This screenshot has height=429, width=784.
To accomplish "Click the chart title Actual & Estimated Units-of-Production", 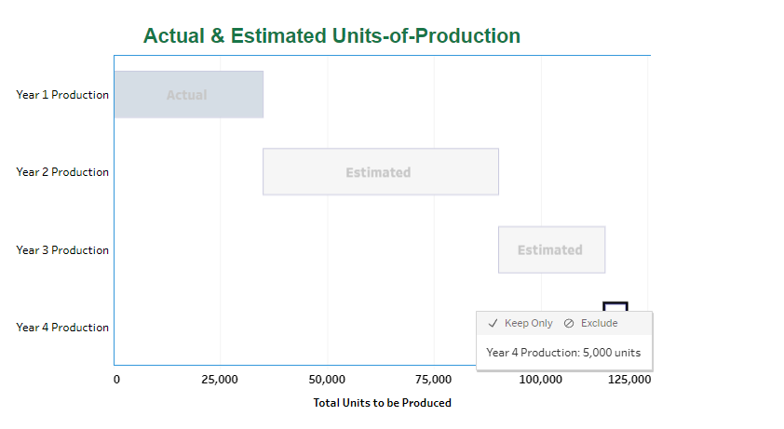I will pyautogui.click(x=331, y=36).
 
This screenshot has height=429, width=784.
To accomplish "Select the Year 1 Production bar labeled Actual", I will pyautogui.click(x=188, y=95).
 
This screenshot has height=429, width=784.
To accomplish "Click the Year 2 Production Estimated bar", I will pyautogui.click(x=380, y=172).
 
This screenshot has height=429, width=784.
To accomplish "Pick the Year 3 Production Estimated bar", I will pyautogui.click(x=551, y=249).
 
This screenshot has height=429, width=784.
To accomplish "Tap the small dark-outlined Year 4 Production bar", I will pyautogui.click(x=615, y=306).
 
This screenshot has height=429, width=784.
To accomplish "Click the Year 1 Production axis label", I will pyautogui.click(x=62, y=95).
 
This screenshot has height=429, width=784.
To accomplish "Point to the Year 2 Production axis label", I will pyautogui.click(x=62, y=172).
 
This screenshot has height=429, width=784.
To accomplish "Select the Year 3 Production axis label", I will pyautogui.click(x=62, y=250).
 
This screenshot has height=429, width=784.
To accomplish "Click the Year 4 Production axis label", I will pyautogui.click(x=62, y=328).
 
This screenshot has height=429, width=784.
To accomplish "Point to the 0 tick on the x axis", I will pyautogui.click(x=116, y=380).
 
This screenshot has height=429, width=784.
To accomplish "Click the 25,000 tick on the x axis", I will pyautogui.click(x=221, y=380).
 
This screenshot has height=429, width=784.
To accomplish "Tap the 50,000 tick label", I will pyautogui.click(x=327, y=380).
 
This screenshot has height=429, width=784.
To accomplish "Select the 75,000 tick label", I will pyautogui.click(x=433, y=380).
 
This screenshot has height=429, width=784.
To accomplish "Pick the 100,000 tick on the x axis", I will pyautogui.click(x=540, y=380).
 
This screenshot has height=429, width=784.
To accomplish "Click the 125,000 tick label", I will pyautogui.click(x=629, y=380).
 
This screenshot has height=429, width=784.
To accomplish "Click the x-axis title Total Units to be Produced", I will pyautogui.click(x=382, y=403).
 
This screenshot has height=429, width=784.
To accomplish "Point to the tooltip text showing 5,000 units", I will pyautogui.click(x=563, y=353).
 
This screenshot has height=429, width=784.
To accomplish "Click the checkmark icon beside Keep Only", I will pyautogui.click(x=493, y=323).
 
